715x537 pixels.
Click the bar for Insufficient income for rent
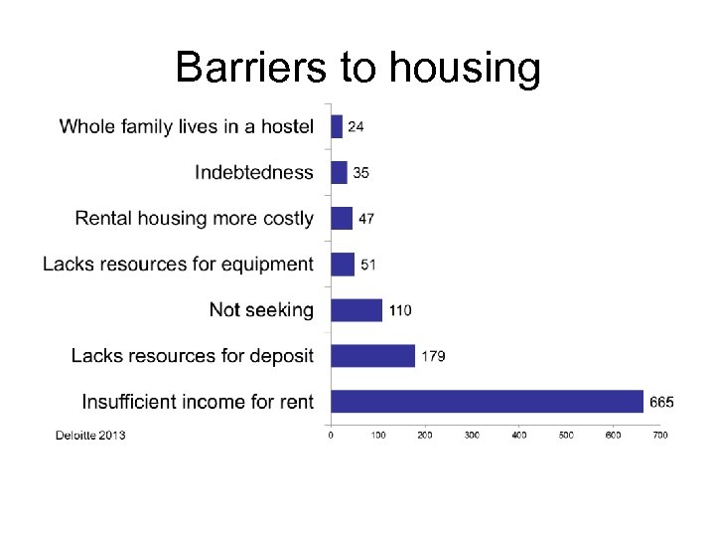pos(487,401)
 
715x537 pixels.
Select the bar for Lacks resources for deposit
pos(372,355)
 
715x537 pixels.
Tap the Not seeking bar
pos(356,309)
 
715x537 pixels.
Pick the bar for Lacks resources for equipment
pos(342,264)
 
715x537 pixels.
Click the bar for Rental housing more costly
pos(341,218)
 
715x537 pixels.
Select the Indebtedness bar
pos(339,172)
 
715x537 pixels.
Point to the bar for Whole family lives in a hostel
pos(336,126)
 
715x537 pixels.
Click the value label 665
pos(661,402)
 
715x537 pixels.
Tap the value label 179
pos(433,356)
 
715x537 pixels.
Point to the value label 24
pos(356,127)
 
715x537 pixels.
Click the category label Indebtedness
pos(253,172)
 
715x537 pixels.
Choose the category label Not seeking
pos(261,309)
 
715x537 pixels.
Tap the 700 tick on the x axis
pos(659,435)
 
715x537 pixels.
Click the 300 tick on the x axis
pos(472,435)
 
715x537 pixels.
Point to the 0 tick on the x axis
pos(331,435)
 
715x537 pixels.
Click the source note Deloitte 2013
pos(90,435)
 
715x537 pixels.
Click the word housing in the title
pos(466,69)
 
